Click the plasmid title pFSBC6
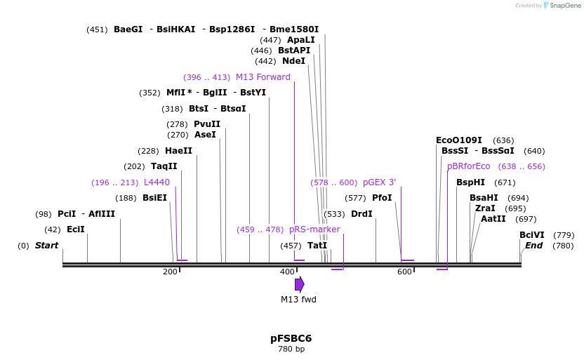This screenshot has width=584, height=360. [x=291, y=338]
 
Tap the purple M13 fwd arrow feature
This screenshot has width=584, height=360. [x=299, y=284]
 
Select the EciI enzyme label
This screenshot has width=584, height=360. [x=75, y=229]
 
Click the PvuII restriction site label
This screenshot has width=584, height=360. [x=207, y=124]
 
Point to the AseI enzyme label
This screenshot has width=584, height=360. [x=205, y=135]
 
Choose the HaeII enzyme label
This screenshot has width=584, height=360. [x=178, y=151]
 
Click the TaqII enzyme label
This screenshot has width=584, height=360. [x=164, y=166]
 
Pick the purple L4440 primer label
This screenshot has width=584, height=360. [x=157, y=182]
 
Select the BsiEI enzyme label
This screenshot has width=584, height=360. [x=154, y=198]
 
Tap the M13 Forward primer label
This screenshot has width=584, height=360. [x=263, y=77]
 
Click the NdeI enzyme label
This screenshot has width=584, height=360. [x=293, y=61]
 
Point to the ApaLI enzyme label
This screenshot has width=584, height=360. [x=301, y=40]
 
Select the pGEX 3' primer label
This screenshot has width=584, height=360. [x=379, y=182]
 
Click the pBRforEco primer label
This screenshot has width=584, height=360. [x=468, y=166]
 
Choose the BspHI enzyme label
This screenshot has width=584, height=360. [x=470, y=182]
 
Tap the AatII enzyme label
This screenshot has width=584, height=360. [x=493, y=219]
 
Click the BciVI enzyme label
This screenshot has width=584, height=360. [x=531, y=235]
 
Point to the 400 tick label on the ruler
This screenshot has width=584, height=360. [x=287, y=272]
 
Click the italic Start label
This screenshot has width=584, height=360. [x=46, y=246]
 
